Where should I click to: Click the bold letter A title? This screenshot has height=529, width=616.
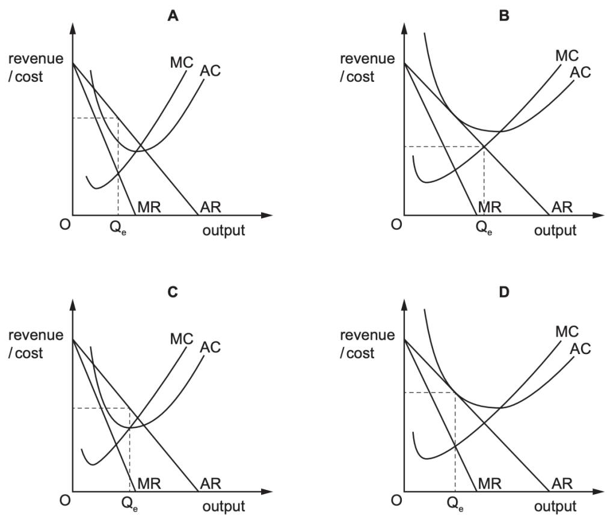click(x=173, y=16)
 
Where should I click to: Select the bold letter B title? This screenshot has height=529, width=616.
click(x=504, y=16)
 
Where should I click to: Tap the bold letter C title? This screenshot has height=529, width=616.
click(x=173, y=293)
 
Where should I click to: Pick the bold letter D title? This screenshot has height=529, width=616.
click(x=504, y=293)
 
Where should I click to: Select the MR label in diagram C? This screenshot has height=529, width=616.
click(x=149, y=483)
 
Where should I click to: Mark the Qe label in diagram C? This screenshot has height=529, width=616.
click(x=132, y=505)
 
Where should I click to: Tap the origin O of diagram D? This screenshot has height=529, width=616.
click(x=396, y=501)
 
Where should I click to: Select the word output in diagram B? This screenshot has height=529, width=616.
click(x=555, y=230)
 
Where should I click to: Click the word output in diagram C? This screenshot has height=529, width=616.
click(x=224, y=507)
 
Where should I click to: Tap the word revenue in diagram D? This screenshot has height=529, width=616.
click(x=367, y=335)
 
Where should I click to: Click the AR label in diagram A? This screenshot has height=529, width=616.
click(x=211, y=207)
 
